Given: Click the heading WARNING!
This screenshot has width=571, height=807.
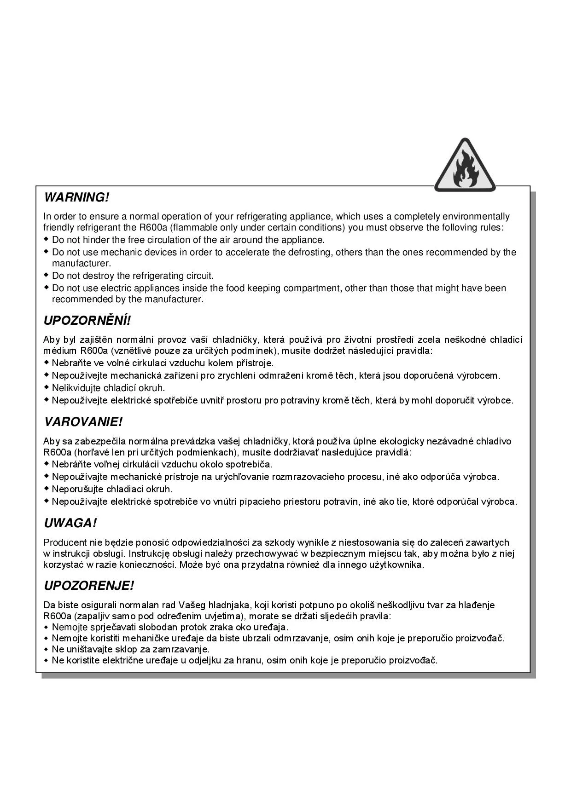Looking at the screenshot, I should [x=76, y=197].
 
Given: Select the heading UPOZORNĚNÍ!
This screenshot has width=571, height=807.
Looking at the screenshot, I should [x=87, y=320].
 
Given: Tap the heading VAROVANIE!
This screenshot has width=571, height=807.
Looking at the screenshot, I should [x=83, y=421].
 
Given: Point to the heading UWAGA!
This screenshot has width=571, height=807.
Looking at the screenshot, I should [x=70, y=523].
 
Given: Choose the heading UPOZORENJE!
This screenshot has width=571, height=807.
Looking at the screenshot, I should [x=89, y=586].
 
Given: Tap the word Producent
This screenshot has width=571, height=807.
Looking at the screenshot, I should [x=65, y=542].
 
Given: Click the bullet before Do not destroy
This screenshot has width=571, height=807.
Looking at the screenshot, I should [x=46, y=275].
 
